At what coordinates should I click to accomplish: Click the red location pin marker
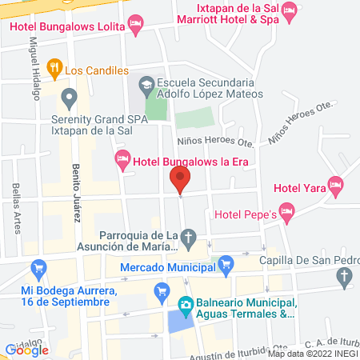tap(180, 179)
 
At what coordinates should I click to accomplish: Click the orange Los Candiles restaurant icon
tap(54, 70)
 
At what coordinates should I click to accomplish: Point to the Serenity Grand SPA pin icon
tap(70, 99)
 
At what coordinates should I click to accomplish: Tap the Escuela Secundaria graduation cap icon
tap(146, 84)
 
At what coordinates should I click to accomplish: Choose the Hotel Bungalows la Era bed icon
tap(122, 159)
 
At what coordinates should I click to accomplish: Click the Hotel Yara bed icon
tap(335, 187)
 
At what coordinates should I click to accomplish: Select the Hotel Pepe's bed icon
tap(287, 213)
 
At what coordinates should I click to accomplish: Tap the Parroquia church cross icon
tap(188, 238)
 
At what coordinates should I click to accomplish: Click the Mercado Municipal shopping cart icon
tap(226, 262)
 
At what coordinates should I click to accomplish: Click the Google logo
tap(26, 349)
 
